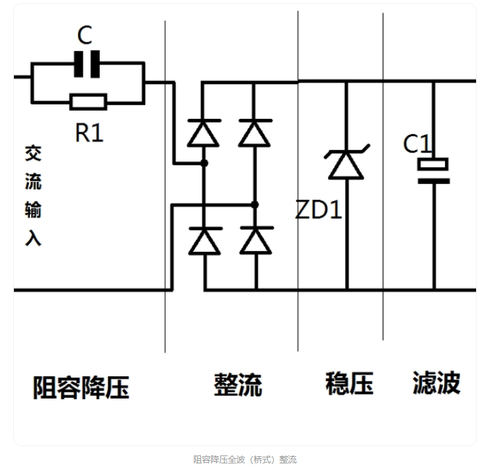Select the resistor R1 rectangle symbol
[88, 102]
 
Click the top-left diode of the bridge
[204, 132]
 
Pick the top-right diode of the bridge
[255, 132]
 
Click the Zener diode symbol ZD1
[346, 164]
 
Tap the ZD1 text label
[319, 210]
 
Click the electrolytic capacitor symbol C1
[434, 171]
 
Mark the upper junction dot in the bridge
[204, 163]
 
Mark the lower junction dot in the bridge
[255, 205]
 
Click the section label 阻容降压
[81, 387]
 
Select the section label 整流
[237, 385]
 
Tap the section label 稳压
[349, 383]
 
